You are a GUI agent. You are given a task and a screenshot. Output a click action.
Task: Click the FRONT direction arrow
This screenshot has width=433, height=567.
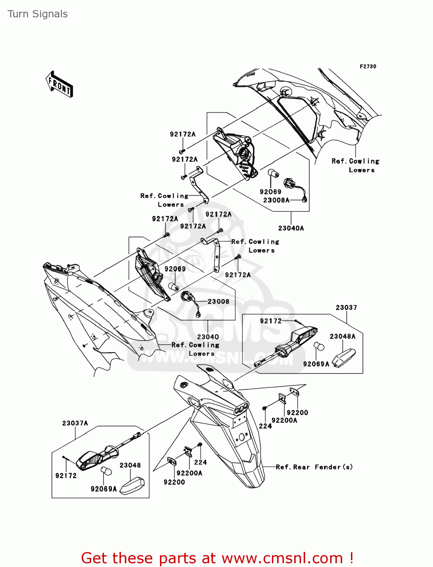[x=59, y=84]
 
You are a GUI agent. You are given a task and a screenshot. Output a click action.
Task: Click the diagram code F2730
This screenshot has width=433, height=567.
[x=368, y=67]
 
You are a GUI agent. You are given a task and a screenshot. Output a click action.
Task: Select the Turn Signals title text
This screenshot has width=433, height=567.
[x=37, y=14]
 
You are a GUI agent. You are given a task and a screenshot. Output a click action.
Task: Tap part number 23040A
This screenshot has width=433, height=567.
[x=291, y=228]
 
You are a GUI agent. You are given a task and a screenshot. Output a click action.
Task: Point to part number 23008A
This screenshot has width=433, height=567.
[x=276, y=200]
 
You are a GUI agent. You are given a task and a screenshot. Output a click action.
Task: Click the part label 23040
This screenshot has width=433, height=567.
[x=208, y=337]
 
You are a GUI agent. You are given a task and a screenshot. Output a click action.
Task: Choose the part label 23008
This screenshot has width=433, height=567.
[x=218, y=302]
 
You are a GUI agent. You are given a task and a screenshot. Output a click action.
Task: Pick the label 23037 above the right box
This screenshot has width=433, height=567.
[x=346, y=308]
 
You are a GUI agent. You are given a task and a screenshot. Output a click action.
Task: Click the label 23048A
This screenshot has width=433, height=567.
[x=343, y=336]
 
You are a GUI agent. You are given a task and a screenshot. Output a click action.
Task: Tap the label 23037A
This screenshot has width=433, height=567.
[x=75, y=423]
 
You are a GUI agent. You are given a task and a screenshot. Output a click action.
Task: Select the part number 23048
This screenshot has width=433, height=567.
[x=130, y=465]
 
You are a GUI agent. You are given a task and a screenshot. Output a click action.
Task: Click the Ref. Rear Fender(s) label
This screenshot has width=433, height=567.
[x=314, y=467]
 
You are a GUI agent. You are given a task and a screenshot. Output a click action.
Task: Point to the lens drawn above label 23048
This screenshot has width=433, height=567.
[x=132, y=486]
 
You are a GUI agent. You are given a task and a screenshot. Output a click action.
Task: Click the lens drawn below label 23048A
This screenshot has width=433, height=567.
[x=344, y=357]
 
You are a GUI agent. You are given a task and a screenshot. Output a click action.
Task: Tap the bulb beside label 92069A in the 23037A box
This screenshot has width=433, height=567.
[x=106, y=471]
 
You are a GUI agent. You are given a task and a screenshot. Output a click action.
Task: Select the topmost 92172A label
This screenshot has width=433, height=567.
[x=183, y=135]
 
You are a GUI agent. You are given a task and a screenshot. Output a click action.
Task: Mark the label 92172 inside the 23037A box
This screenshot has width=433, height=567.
[x=66, y=476]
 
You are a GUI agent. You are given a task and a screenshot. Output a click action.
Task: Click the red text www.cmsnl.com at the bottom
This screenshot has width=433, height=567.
[x=282, y=558]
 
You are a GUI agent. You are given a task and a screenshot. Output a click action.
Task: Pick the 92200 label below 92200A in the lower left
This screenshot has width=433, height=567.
[x=174, y=482]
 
